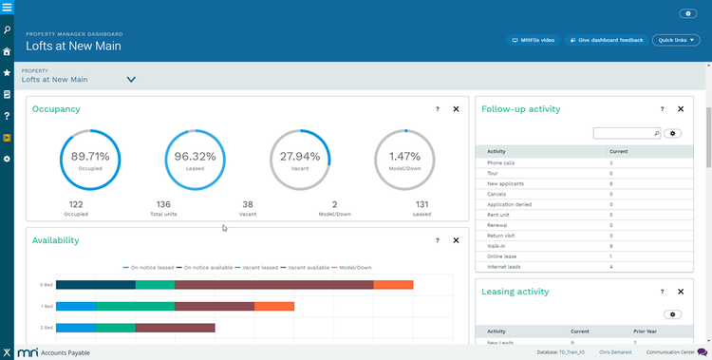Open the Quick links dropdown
[676, 40]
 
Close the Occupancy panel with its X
[456, 109]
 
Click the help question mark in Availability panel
[437, 241]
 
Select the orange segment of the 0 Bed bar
[393, 284]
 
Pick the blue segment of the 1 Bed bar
[76, 306]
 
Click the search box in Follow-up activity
[625, 134]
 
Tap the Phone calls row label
[501, 163]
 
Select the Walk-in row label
[496, 246]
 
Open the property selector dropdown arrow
[131, 80]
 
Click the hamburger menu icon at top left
[8, 8]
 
